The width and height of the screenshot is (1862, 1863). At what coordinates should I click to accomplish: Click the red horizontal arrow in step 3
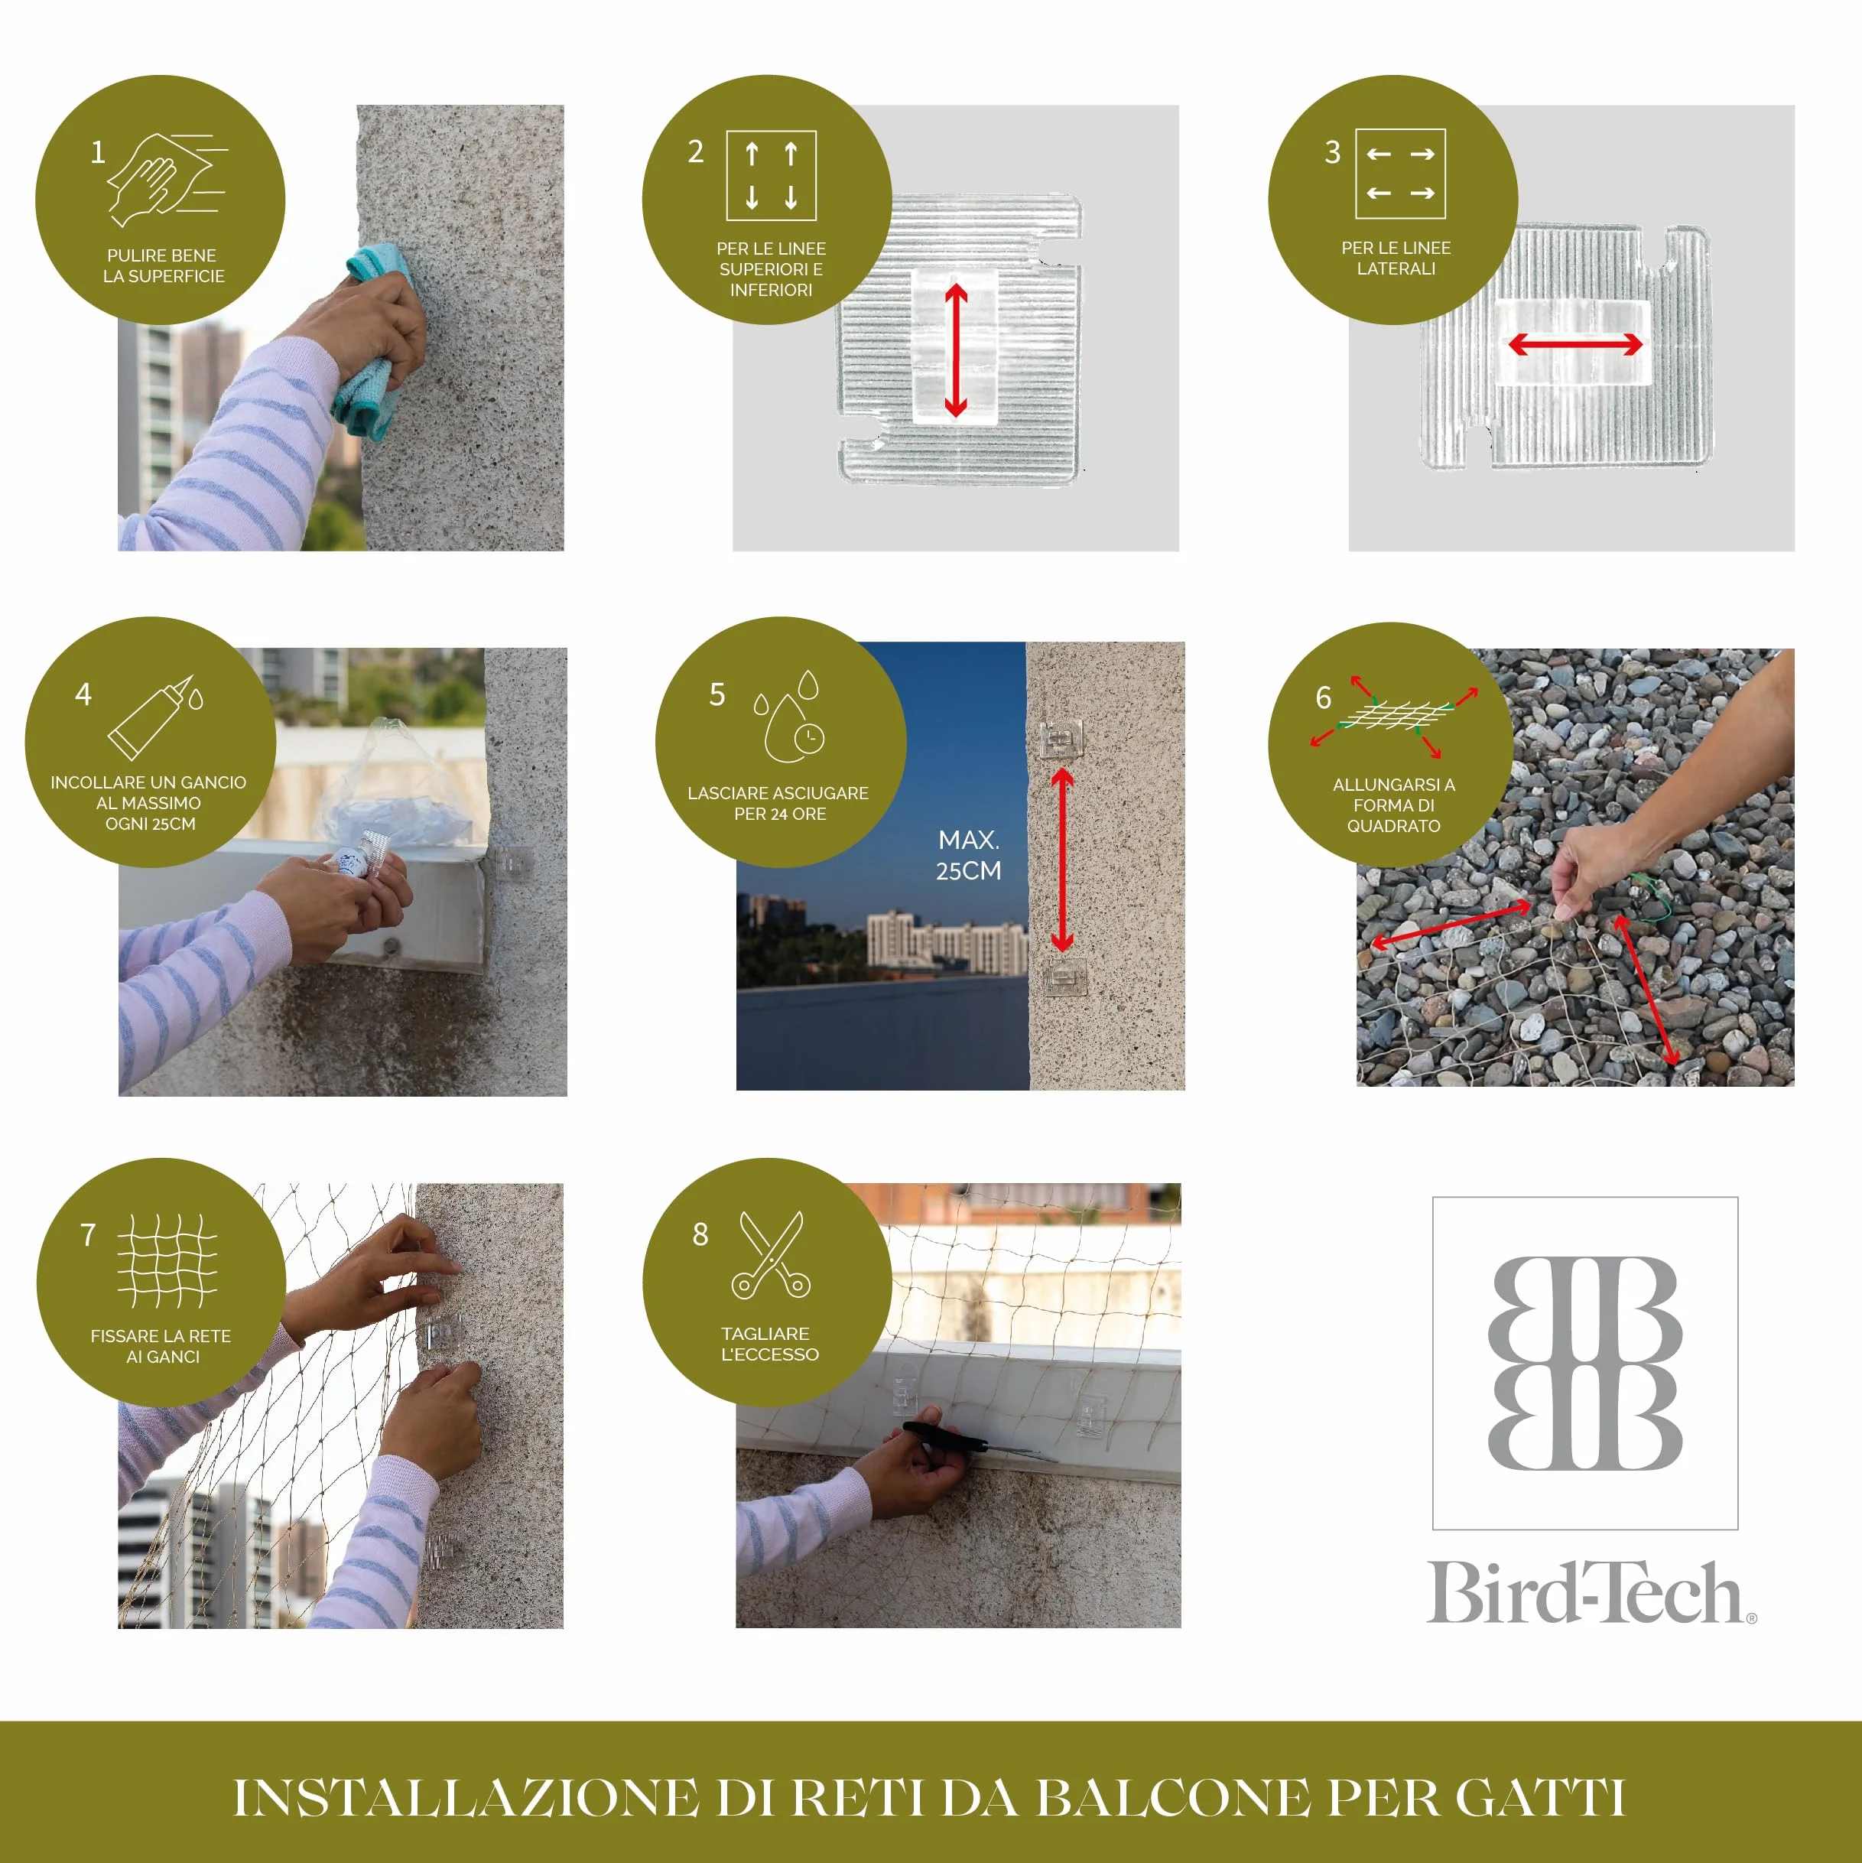pyautogui.click(x=1574, y=344)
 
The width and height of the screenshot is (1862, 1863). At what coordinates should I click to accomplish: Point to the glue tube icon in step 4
pyautogui.click(x=155, y=717)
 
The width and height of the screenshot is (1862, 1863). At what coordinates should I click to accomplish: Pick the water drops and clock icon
pyautogui.click(x=790, y=716)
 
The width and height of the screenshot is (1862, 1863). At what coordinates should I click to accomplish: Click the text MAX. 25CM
pyautogui.click(x=968, y=855)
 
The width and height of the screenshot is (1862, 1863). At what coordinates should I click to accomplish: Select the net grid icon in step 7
pyautogui.click(x=167, y=1260)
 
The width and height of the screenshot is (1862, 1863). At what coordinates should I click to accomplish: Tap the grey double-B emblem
pyautogui.click(x=1585, y=1363)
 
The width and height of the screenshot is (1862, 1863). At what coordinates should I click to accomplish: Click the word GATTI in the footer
pyautogui.click(x=1540, y=1797)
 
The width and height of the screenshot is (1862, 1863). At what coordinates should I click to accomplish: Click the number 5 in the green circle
pyautogui.click(x=717, y=694)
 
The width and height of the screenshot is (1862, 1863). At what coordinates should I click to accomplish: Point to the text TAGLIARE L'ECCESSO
pyautogui.click(x=769, y=1343)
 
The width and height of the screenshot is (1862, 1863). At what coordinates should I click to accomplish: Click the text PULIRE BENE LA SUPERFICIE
pyautogui.click(x=163, y=265)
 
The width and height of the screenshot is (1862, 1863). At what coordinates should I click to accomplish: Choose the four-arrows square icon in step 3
pyautogui.click(x=1400, y=174)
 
